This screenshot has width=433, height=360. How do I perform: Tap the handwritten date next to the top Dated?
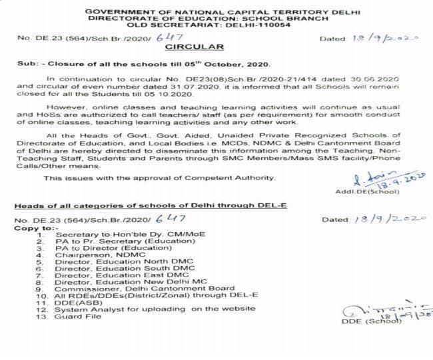pos(386,39)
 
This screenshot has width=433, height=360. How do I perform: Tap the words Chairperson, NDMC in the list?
pos(92,255)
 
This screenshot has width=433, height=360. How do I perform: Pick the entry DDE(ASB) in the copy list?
pos(75,302)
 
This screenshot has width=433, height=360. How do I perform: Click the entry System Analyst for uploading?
pos(146,309)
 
